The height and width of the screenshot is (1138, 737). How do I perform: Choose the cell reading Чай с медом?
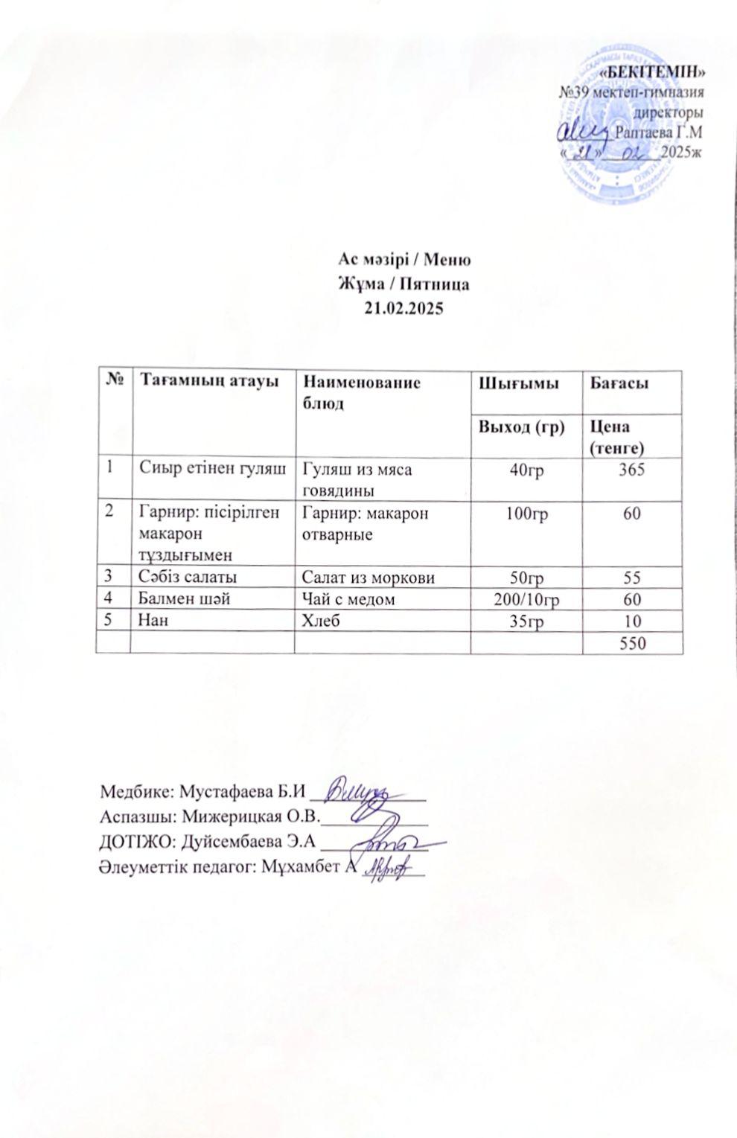coord(348,599)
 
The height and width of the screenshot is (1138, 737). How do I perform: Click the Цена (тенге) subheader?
coord(615,437)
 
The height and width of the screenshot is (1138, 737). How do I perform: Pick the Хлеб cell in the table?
coord(316,620)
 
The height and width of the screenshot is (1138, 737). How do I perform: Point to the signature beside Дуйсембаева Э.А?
coord(387,843)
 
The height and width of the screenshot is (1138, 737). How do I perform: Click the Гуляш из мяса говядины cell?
coord(356,479)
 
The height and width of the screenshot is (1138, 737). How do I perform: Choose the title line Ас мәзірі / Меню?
coord(403,260)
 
